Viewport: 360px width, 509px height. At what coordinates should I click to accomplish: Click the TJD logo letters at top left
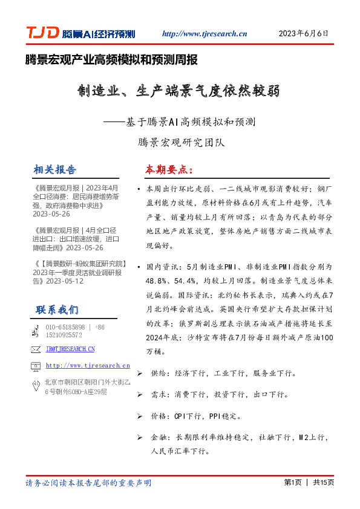41,33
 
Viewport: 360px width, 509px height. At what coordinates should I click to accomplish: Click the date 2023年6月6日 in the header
303,34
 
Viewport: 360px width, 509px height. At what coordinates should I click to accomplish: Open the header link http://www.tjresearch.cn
205,34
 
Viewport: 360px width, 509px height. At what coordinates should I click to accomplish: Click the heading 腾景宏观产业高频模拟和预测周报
111,60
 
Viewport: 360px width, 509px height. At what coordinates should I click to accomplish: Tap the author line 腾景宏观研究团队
180,143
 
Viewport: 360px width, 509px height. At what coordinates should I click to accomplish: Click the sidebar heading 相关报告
56,169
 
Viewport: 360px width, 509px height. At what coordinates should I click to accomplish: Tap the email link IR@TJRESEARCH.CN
70,349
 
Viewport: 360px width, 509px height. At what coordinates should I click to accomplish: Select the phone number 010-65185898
65,327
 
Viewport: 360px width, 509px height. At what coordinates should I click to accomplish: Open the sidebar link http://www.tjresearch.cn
88,365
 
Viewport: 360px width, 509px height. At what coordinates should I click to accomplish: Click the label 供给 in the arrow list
157,374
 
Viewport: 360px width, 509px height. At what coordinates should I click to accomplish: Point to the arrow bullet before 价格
140,416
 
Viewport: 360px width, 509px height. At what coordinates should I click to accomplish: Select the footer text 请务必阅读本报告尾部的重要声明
88,483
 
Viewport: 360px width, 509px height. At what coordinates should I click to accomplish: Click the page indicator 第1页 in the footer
292,482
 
